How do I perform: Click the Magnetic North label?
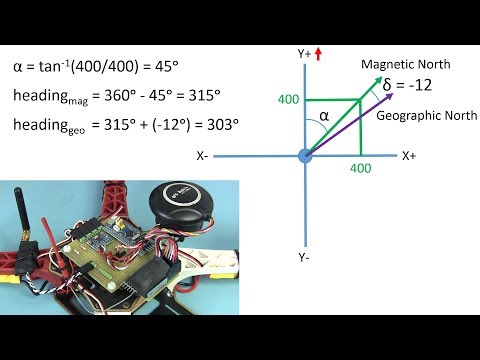[x=406, y=65]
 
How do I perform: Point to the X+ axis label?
[x=409, y=156]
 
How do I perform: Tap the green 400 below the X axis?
[x=360, y=171]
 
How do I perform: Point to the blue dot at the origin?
[x=305, y=156]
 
